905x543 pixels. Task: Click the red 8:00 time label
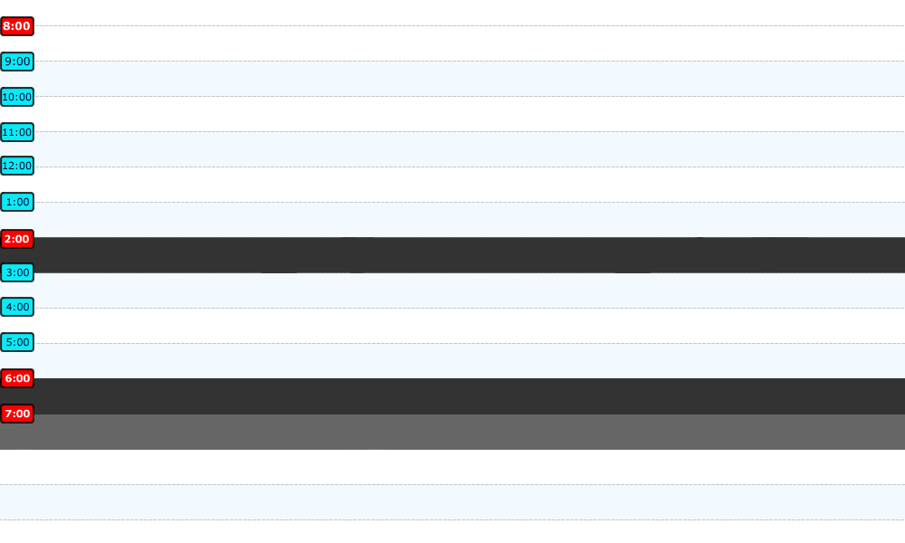(16, 26)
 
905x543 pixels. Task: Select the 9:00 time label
(16, 62)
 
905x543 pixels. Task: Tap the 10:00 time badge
(16, 97)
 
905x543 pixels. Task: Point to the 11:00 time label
(16, 132)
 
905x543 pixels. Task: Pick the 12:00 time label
(16, 166)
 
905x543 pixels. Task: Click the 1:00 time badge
(16, 202)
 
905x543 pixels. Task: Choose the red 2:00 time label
(16, 239)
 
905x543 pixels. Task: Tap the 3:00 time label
(16, 272)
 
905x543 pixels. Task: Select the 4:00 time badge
(16, 307)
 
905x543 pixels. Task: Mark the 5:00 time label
(16, 342)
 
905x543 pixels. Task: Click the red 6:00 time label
(16, 378)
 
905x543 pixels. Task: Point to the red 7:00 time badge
(16, 414)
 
